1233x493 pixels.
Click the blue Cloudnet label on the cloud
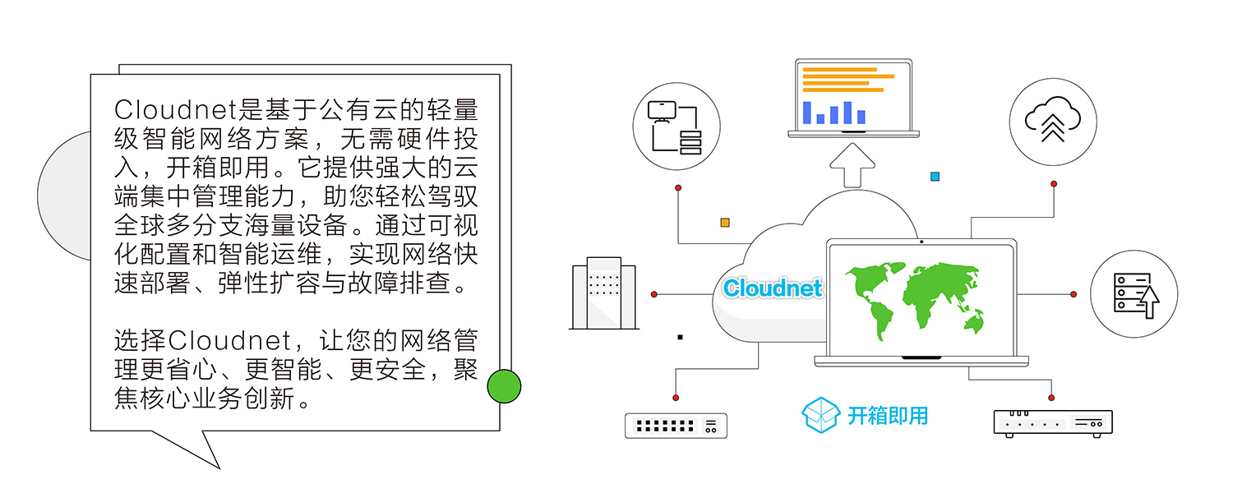tap(772, 288)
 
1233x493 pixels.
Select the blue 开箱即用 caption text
tap(888, 415)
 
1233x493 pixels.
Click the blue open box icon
tap(821, 415)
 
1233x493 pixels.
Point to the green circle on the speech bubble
tap(504, 386)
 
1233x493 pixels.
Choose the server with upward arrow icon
tap(1134, 293)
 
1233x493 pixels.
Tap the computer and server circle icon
tap(677, 127)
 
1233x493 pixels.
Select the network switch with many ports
tap(676, 426)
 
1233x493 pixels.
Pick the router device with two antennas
tap(1052, 422)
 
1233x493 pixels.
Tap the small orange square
tap(725, 222)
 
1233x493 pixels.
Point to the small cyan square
tap(935, 176)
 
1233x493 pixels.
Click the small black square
tap(680, 337)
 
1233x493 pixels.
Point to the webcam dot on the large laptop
tap(921, 242)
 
